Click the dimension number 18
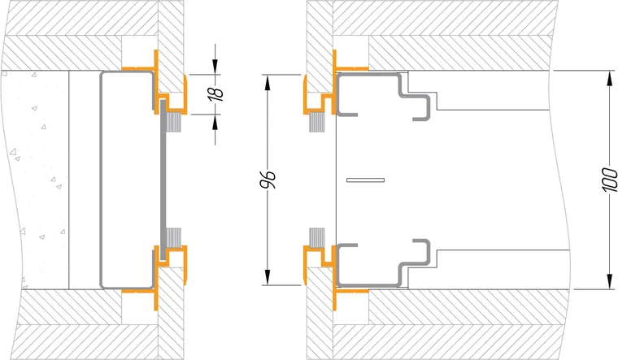point(216,93)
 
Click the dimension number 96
point(270,180)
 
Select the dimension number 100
point(610,180)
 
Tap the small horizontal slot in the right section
point(365,180)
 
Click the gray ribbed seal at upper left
point(173,122)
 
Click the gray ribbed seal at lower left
point(173,237)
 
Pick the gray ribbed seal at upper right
point(317,122)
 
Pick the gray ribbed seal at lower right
point(317,237)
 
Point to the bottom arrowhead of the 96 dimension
point(268,276)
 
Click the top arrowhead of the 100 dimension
point(610,79)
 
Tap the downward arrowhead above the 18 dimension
point(215,65)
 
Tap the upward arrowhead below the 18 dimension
point(215,123)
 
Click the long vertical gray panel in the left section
point(163,180)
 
